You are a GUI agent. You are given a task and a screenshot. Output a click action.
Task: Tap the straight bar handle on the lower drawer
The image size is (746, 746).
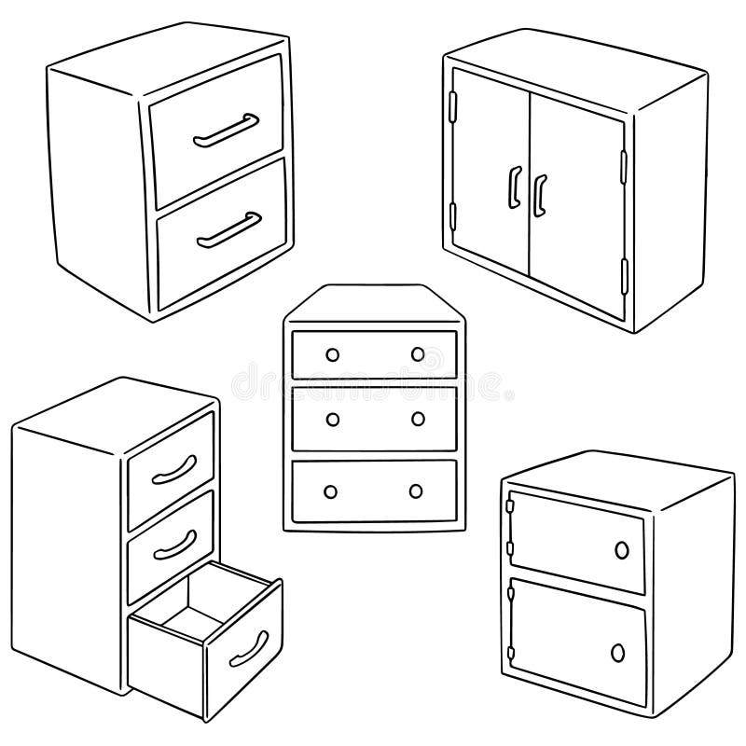coord(228,230)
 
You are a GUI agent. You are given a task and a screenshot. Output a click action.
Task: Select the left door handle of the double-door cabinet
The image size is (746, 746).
coord(512,186)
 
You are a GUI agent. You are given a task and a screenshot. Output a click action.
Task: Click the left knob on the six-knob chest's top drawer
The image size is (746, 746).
coord(330,353)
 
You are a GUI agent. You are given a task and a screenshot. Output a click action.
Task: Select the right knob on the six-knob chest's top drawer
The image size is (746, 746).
coord(417,354)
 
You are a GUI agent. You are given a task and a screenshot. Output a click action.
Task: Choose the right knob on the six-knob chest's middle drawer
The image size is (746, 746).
coord(417,419)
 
